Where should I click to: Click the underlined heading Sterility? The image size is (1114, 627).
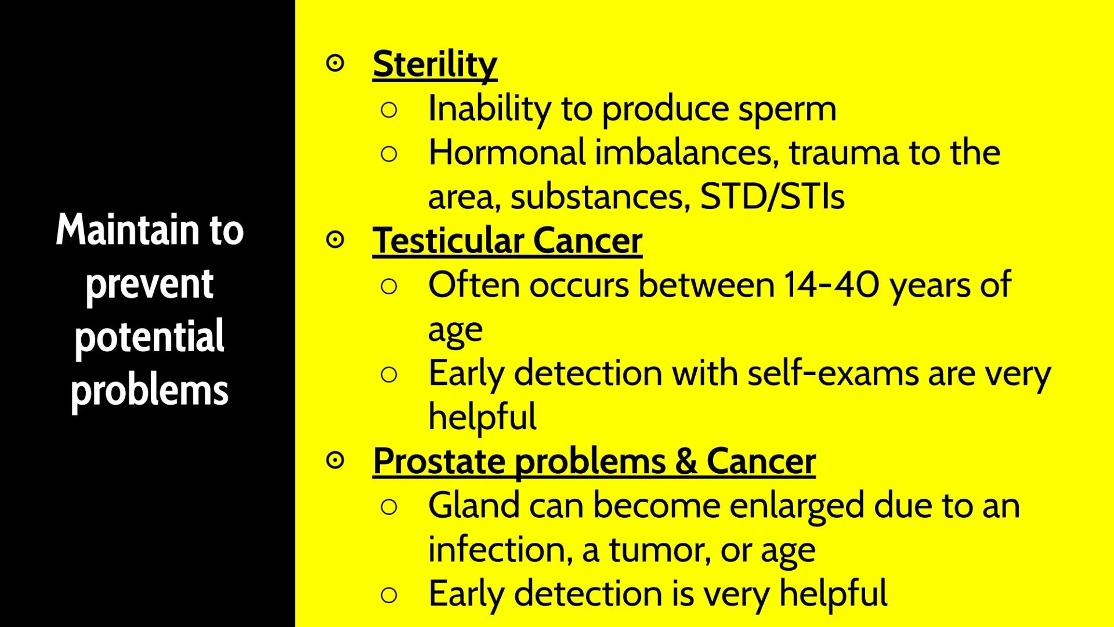(435, 64)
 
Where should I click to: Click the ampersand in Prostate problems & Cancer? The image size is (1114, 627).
(686, 462)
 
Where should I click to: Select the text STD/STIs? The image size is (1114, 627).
(772, 197)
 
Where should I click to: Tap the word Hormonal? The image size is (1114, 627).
(507, 153)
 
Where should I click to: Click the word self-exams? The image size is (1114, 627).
(833, 373)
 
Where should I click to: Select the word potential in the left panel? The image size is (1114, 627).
(149, 337)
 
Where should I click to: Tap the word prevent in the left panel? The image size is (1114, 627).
(149, 284)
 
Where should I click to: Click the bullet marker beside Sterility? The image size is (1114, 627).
(335, 63)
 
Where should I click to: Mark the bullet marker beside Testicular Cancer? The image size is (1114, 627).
(335, 240)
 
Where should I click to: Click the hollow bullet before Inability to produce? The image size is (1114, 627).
(389, 110)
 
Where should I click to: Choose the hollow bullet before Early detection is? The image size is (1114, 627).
(389, 594)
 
